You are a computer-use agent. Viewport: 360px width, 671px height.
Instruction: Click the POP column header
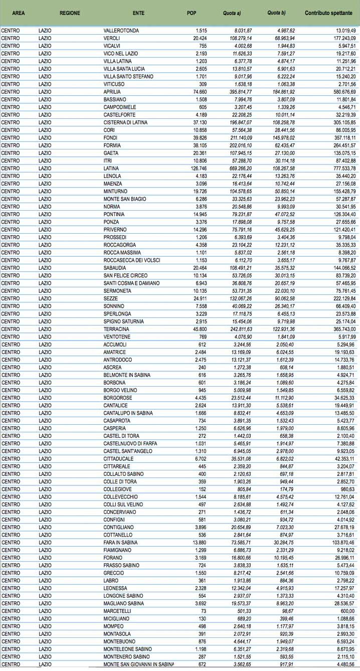click(191, 13)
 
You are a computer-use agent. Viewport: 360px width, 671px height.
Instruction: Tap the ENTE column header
click(139, 13)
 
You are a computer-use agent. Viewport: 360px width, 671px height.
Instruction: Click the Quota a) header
click(232, 13)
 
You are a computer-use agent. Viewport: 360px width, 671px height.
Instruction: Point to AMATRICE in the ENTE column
click(115, 352)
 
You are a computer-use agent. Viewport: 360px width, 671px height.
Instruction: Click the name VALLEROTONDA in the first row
click(121, 31)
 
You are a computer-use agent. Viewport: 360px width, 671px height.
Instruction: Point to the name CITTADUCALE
click(118, 459)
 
